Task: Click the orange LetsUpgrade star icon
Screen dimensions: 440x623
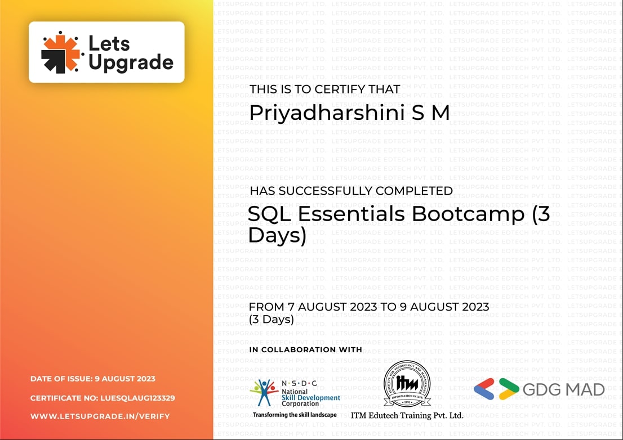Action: pyautogui.click(x=61, y=52)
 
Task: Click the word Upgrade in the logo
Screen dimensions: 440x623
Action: pyautogui.click(x=131, y=62)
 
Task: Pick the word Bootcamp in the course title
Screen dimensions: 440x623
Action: pyautogui.click(x=468, y=214)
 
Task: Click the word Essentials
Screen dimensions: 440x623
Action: pyautogui.click(x=351, y=214)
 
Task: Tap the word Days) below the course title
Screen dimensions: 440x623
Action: pyautogui.click(x=277, y=235)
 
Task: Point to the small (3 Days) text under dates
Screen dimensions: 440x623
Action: pyautogui.click(x=272, y=320)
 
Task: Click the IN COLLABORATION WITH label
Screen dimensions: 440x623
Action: pyautogui.click(x=305, y=349)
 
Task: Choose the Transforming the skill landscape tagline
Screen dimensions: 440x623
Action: pyautogui.click(x=294, y=415)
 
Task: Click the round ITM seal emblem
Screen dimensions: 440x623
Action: pyautogui.click(x=407, y=384)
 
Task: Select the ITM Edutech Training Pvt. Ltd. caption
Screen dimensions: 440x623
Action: pyautogui.click(x=407, y=415)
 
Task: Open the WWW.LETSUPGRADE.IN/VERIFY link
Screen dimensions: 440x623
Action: pyautogui.click(x=100, y=416)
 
